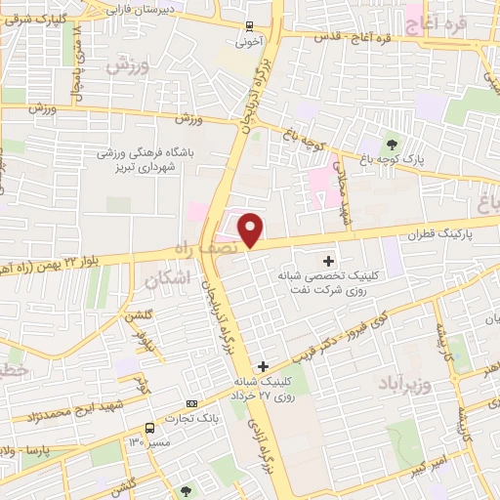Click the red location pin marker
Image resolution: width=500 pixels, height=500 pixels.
click(251, 229)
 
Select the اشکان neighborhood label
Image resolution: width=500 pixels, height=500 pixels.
click(164, 280)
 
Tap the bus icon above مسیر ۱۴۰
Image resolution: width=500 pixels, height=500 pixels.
click(149, 428)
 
